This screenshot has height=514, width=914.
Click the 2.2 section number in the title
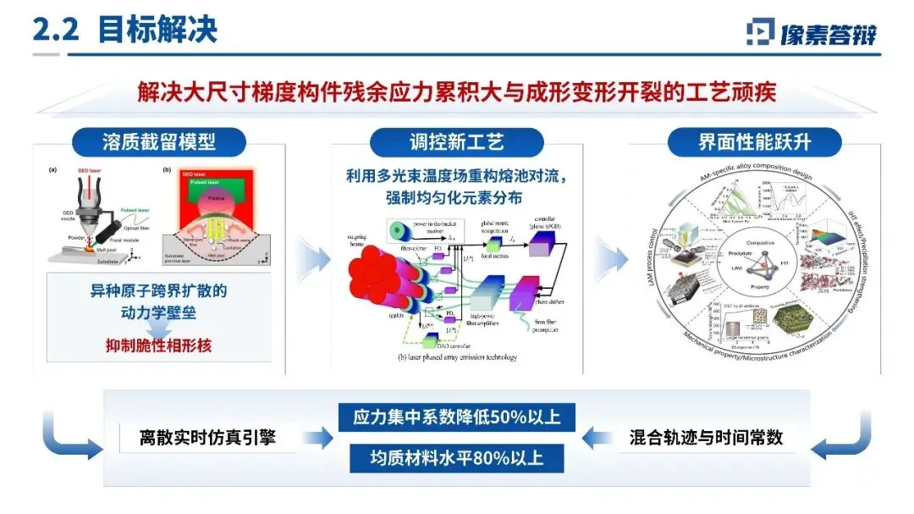point(55,30)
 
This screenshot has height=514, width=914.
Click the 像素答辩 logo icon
point(759,32)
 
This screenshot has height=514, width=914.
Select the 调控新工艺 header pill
point(459,141)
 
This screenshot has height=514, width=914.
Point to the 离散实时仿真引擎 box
point(208,438)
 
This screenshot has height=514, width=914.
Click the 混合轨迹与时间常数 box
point(706,438)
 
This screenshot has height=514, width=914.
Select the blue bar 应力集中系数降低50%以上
point(457,417)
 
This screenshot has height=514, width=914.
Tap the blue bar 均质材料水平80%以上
point(457,458)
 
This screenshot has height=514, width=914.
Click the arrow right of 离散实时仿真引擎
point(317,438)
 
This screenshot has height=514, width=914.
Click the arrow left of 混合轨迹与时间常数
point(599,438)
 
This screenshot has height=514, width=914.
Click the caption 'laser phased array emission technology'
point(457,356)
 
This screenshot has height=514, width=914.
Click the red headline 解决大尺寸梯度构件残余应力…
point(457,91)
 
